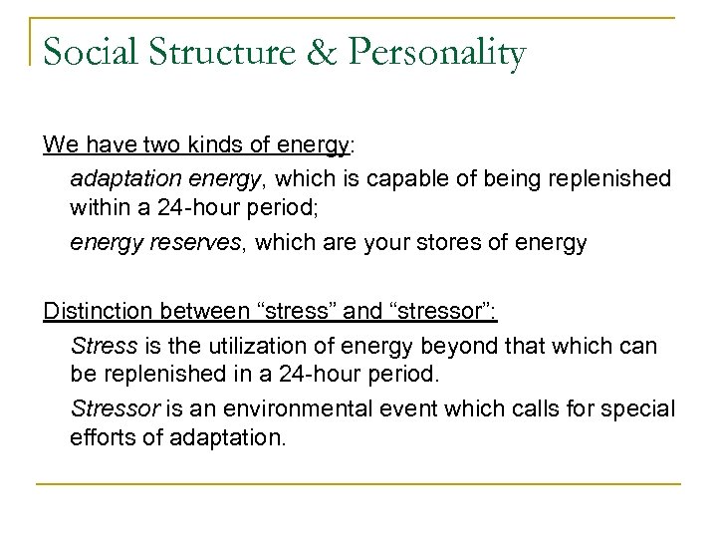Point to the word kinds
point(190,144)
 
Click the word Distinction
point(93,312)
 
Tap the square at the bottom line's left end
point(37,484)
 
